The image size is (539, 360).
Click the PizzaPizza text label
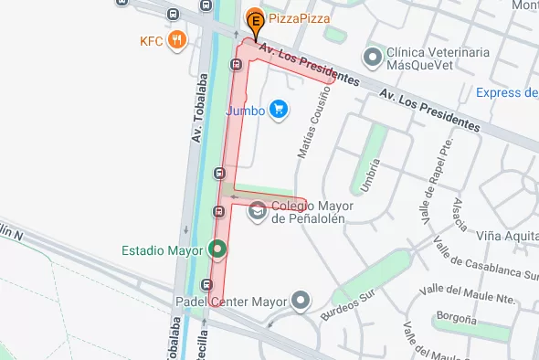pos(300,18)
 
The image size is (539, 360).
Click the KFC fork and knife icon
pos(178,41)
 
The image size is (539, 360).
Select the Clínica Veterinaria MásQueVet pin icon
pos(372,58)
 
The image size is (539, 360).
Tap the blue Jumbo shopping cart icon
pos(280,111)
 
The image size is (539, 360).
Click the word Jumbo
pos(245,111)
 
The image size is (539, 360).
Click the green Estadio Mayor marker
pos(217,248)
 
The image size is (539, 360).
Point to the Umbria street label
pos(370,174)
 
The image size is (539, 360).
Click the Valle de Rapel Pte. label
pos(437,173)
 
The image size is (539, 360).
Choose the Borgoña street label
pos(456,319)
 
